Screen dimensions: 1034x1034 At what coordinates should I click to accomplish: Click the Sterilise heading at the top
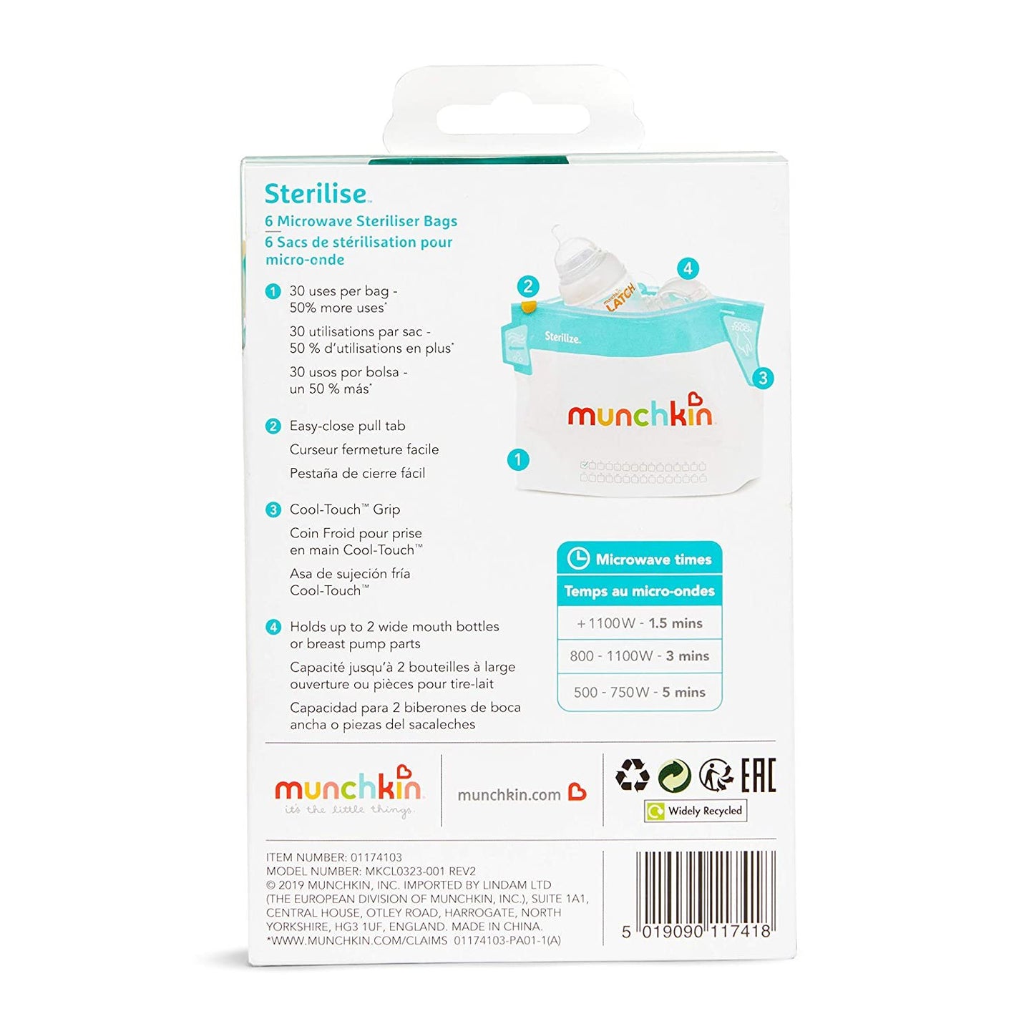click(316, 194)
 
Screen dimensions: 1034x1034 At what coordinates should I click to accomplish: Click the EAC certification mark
click(758, 775)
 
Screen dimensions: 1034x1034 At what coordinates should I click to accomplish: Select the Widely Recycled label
click(696, 811)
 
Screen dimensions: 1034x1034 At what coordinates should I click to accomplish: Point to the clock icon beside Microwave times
click(577, 559)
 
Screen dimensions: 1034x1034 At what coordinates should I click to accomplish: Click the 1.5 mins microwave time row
click(639, 623)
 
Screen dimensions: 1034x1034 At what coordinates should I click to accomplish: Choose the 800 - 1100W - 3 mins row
click(639, 656)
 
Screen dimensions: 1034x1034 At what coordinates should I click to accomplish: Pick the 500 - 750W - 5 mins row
click(639, 692)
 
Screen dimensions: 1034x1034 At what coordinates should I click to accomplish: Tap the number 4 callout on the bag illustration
click(688, 268)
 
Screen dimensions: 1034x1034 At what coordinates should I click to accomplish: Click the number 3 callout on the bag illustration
click(763, 378)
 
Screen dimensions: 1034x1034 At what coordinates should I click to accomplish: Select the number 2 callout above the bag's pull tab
click(527, 286)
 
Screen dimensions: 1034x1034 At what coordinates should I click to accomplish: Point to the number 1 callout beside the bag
click(518, 459)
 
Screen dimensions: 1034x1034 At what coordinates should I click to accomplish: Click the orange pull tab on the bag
click(529, 308)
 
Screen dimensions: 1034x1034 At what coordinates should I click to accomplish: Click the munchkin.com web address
click(509, 795)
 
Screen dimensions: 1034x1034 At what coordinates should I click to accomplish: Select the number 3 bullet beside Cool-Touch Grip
click(273, 509)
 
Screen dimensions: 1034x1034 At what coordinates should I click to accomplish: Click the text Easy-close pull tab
click(347, 426)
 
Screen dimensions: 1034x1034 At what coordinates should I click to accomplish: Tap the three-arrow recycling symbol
click(633, 775)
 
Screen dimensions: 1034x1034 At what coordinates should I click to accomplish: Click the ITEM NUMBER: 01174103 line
click(334, 857)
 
